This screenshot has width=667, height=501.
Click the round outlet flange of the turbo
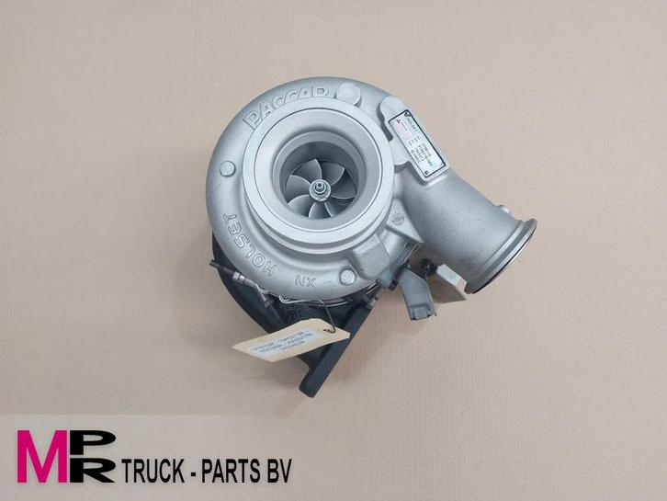(503, 255)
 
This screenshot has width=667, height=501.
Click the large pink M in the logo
(43, 456)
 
